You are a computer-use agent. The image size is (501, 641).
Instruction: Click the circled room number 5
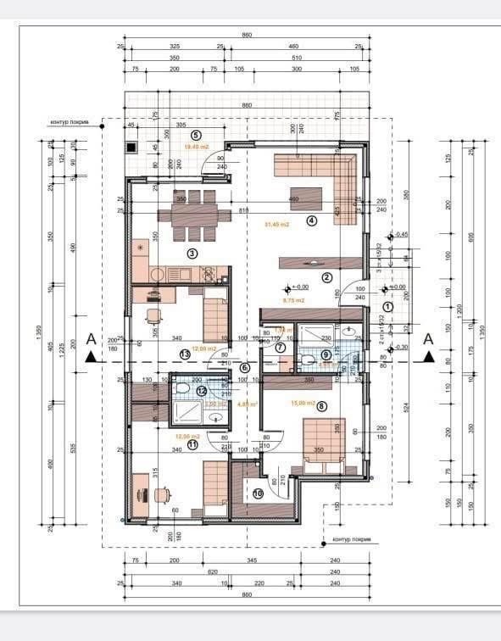[196, 134]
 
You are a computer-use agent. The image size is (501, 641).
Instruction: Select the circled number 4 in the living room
[311, 220]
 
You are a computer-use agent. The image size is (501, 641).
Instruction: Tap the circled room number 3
[192, 253]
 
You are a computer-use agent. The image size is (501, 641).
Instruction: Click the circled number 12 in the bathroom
[201, 391]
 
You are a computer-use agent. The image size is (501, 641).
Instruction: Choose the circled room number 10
[257, 493]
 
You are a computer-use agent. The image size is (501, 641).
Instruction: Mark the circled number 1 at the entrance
[388, 306]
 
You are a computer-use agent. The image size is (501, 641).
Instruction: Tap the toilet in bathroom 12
[181, 391]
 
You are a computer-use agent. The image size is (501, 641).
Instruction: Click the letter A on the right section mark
[428, 338]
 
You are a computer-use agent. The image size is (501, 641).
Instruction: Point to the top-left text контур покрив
[70, 122]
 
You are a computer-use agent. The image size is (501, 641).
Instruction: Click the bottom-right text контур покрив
[353, 539]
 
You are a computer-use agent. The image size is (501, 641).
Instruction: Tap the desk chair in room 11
[164, 494]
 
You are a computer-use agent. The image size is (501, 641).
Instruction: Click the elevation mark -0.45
[401, 234]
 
